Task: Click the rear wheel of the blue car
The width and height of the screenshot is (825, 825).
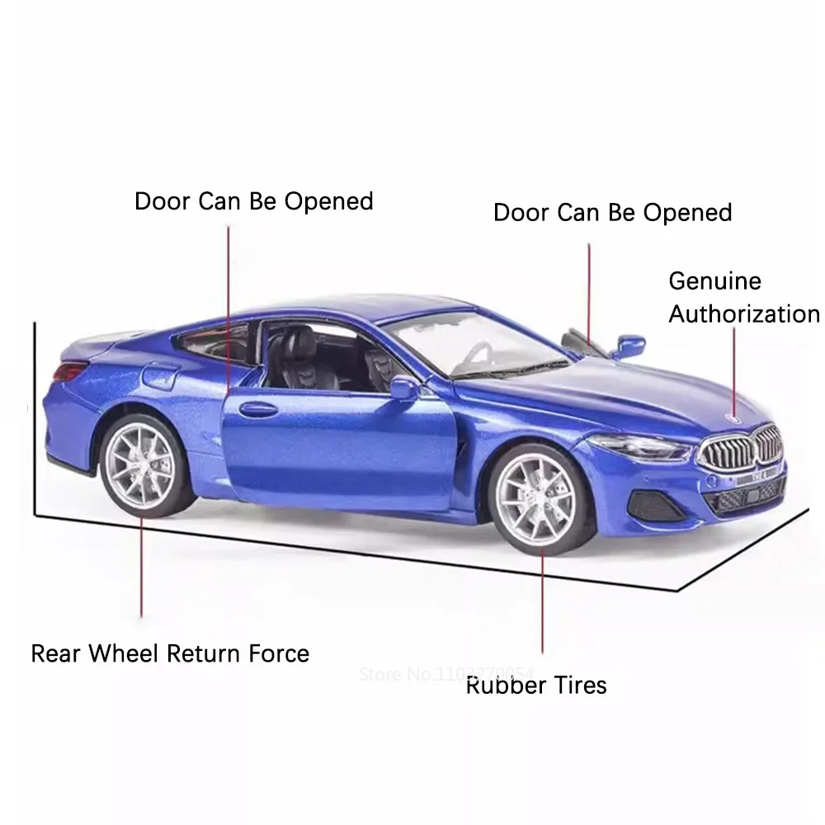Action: (142, 467)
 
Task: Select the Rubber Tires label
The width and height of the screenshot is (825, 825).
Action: (536, 685)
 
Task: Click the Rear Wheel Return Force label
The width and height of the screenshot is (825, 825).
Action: (170, 654)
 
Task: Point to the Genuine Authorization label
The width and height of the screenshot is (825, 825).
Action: (743, 297)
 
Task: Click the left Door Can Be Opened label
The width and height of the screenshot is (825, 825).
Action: (254, 201)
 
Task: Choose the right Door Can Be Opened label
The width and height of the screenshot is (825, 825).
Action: (612, 212)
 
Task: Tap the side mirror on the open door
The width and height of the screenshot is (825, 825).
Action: (404, 387)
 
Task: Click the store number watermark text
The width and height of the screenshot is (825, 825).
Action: (447, 673)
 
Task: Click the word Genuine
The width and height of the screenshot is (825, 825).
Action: (714, 280)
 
